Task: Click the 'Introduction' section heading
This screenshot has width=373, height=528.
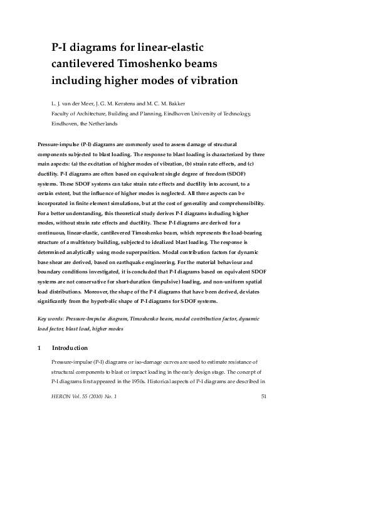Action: point(70,347)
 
